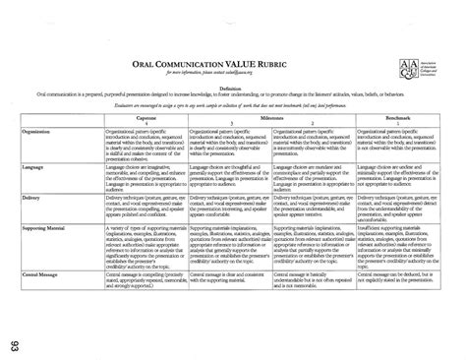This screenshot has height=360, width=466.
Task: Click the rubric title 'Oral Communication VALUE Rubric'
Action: pyautogui.click(x=217, y=61)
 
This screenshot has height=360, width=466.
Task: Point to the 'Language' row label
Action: pyautogui.click(x=35, y=166)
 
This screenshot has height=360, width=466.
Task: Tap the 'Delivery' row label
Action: pyautogui.click(x=34, y=196)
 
